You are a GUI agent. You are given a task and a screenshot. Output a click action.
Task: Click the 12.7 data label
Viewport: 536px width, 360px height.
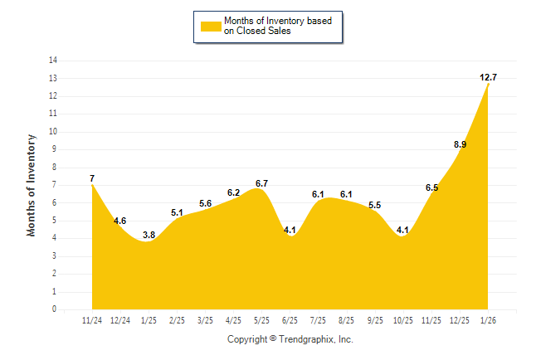click(488, 77)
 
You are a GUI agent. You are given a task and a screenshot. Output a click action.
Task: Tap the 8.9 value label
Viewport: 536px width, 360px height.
click(460, 144)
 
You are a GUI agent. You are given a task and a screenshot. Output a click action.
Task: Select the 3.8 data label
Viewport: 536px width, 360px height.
click(149, 235)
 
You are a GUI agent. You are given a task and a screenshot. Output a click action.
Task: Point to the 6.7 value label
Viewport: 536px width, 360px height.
click(261, 183)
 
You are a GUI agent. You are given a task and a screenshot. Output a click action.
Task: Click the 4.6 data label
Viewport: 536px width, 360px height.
click(119, 221)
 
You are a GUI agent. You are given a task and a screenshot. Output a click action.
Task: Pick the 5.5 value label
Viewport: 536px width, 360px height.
click(374, 205)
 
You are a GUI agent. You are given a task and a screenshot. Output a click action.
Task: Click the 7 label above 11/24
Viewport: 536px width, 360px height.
click(92, 178)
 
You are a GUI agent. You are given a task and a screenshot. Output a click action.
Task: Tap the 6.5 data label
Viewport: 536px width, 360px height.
click(431, 187)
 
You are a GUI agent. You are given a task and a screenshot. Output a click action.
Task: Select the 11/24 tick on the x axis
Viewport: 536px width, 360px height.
click(92, 319)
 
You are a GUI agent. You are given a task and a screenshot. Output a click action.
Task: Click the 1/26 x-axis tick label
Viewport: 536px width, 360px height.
click(488, 319)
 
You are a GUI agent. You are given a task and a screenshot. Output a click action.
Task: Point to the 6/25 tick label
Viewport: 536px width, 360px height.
click(290, 319)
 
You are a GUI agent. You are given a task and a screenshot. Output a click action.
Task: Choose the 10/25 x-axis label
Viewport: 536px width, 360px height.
click(402, 319)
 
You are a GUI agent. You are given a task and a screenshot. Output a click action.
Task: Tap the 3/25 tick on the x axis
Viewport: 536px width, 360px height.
click(205, 319)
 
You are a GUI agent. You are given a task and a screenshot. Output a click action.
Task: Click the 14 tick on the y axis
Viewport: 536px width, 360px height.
click(53, 61)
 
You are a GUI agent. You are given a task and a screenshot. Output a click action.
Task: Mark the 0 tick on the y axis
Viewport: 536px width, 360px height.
click(55, 309)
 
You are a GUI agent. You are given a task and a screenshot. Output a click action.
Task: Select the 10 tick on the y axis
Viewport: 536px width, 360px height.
click(53, 132)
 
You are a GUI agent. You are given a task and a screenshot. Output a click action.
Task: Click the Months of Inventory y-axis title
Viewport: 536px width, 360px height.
click(32, 185)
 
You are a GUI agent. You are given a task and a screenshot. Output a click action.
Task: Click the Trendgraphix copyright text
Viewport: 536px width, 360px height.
click(290, 339)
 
